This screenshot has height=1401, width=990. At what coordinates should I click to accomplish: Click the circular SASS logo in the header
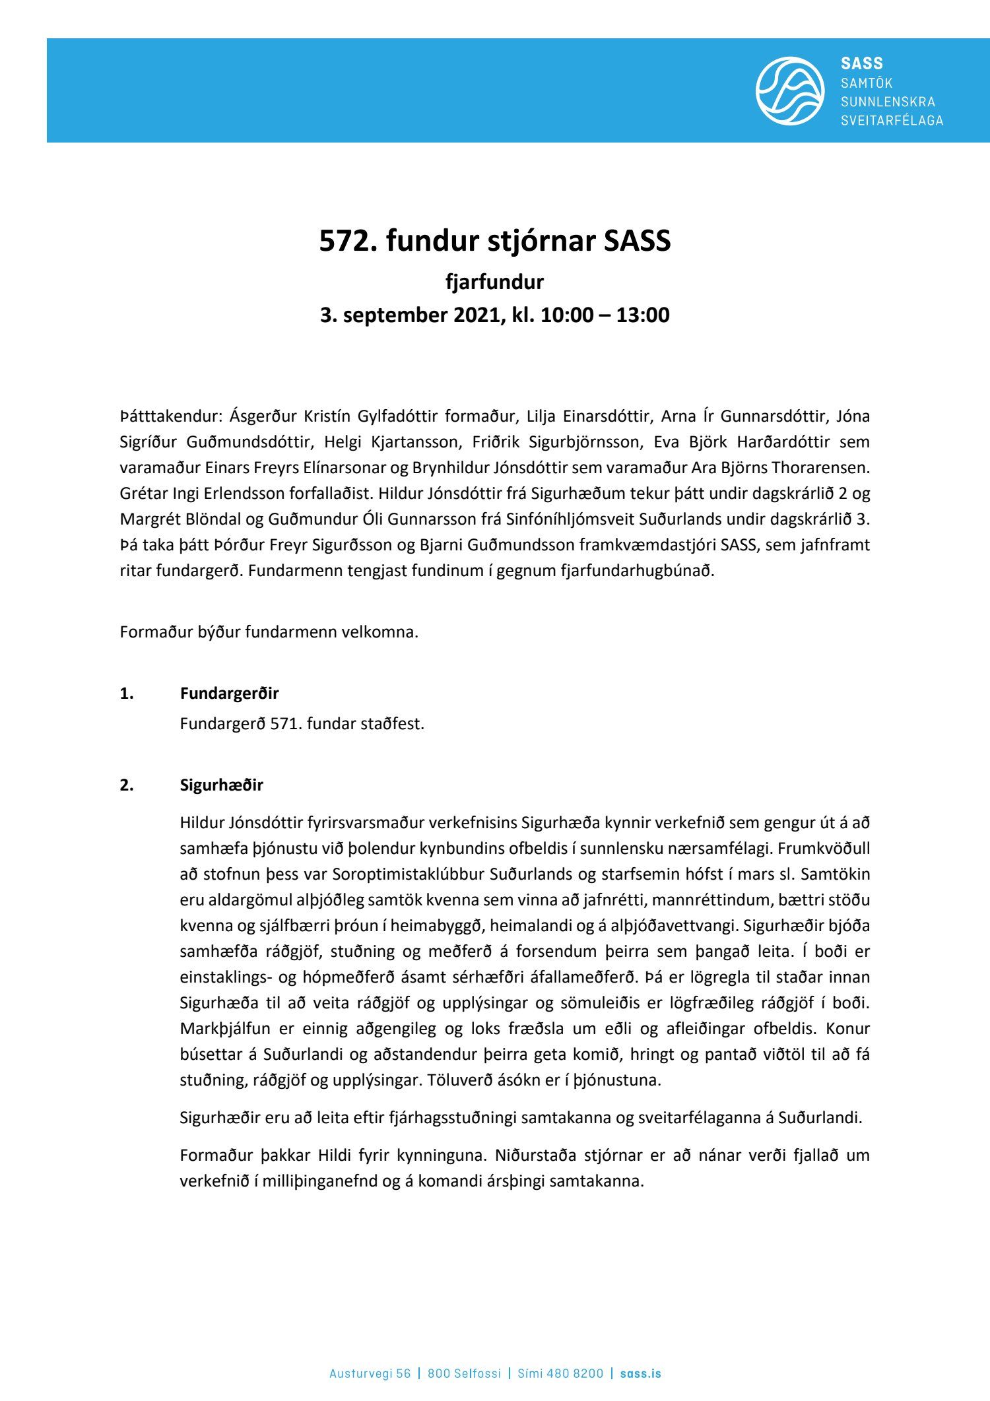(789, 91)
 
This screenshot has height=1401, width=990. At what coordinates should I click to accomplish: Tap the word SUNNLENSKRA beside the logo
(888, 102)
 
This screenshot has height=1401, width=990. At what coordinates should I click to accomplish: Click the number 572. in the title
(346, 241)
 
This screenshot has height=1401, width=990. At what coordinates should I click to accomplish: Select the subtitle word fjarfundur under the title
(494, 282)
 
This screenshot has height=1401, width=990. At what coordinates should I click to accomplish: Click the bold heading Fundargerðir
(229, 694)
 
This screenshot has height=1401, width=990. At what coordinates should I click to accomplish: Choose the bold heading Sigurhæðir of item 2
(221, 785)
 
